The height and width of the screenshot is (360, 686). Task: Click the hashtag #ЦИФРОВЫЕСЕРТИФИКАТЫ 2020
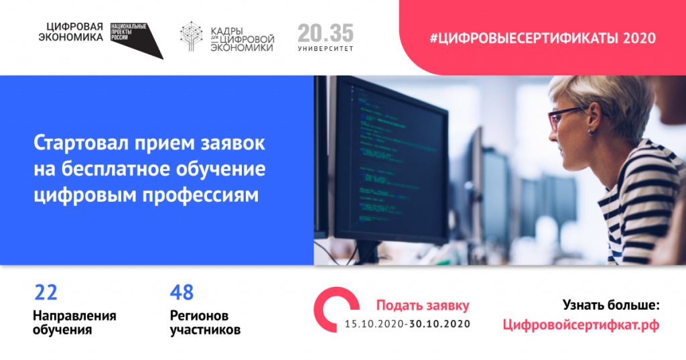543,38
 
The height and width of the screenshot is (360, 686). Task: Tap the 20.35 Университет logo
326,38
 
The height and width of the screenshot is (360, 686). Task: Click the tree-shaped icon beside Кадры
193,38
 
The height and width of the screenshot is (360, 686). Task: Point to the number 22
46,292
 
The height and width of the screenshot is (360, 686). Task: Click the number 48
182,292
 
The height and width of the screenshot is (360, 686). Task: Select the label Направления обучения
74,322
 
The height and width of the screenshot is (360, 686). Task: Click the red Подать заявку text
423,306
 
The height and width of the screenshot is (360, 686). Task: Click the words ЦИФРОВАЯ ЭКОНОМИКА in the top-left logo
74,32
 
